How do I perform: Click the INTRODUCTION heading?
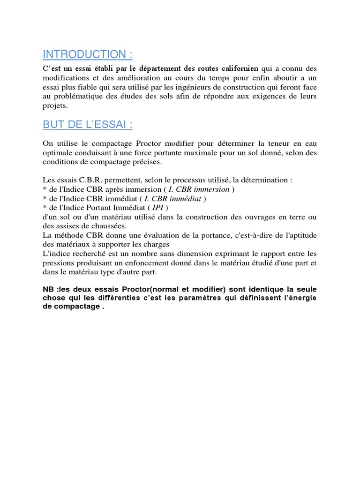pyautogui.click(x=88, y=54)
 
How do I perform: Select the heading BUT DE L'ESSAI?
pyautogui.click(x=87, y=125)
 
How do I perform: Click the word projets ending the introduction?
pyautogui.click(x=55, y=105)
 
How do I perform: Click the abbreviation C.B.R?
pyautogui.click(x=81, y=180)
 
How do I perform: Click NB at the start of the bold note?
pyautogui.click(x=48, y=290)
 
